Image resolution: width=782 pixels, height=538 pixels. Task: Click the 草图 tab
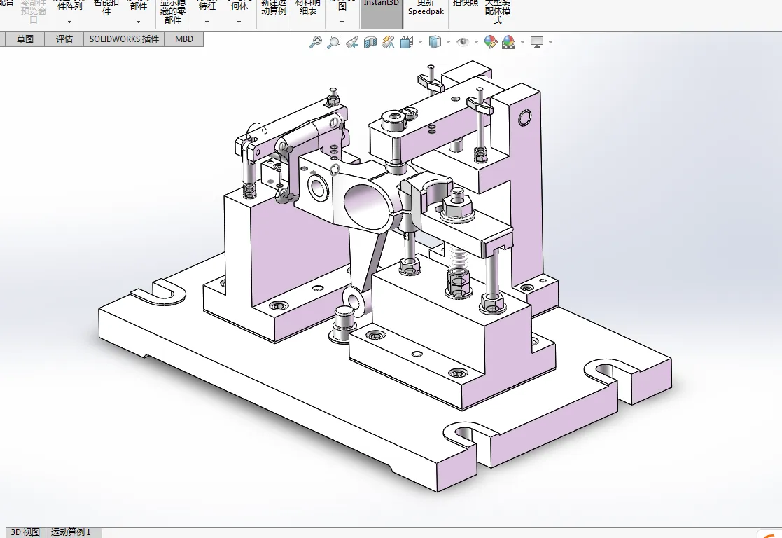(x=25, y=39)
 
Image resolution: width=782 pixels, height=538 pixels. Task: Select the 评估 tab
(x=64, y=39)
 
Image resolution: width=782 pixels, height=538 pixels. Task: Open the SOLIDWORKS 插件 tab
(x=124, y=39)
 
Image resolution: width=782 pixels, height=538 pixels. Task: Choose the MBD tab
(x=184, y=39)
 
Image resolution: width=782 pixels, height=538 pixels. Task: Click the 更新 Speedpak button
(x=426, y=8)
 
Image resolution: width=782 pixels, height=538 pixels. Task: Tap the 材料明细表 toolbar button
(x=307, y=8)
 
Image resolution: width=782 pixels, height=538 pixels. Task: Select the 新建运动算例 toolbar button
(x=273, y=8)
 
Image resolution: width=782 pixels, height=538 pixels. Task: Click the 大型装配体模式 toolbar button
(x=498, y=11)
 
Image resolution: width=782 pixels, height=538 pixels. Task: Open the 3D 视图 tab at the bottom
(x=25, y=532)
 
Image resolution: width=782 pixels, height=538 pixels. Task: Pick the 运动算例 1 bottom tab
(x=71, y=532)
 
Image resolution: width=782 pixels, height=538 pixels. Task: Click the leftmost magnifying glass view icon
(x=315, y=42)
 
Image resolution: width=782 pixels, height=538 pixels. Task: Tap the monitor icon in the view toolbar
(x=537, y=42)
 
